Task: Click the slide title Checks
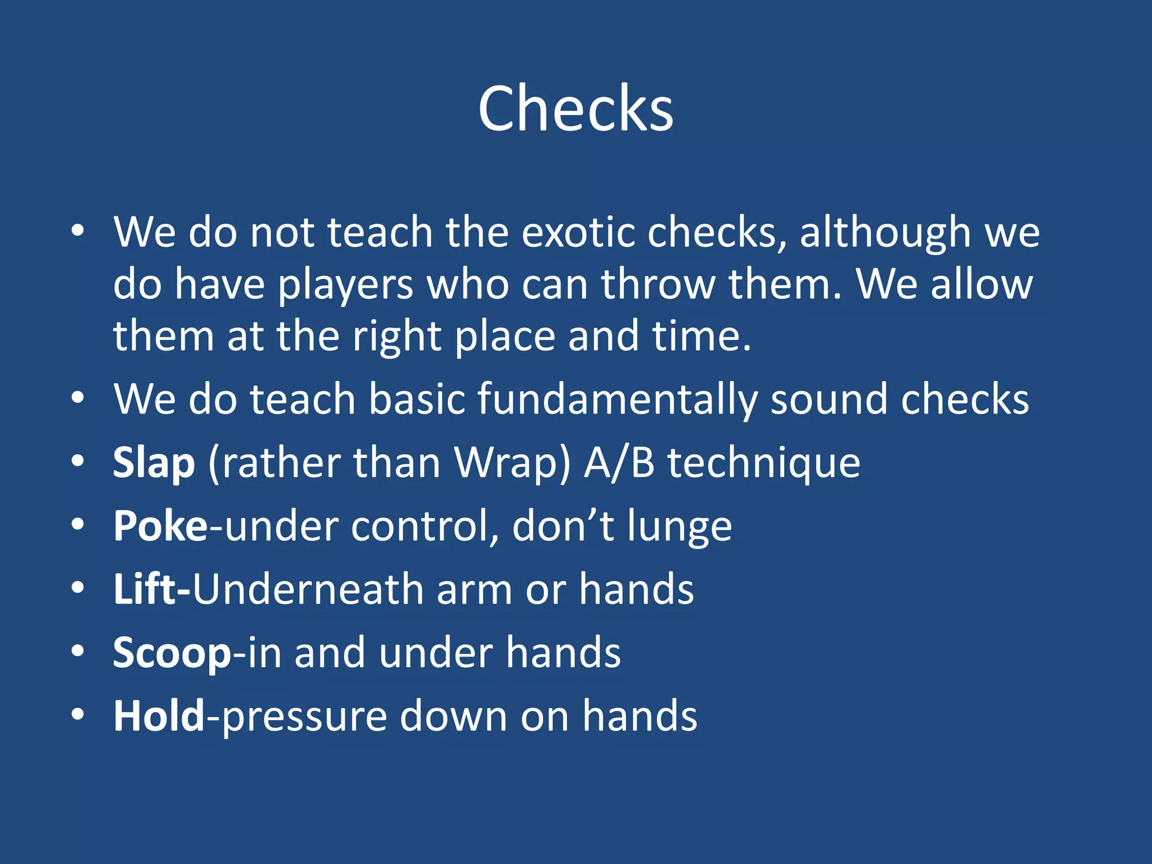(x=575, y=108)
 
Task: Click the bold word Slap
(x=154, y=463)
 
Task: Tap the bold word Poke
(x=160, y=526)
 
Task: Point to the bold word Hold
(x=159, y=715)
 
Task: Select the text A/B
(x=619, y=463)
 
